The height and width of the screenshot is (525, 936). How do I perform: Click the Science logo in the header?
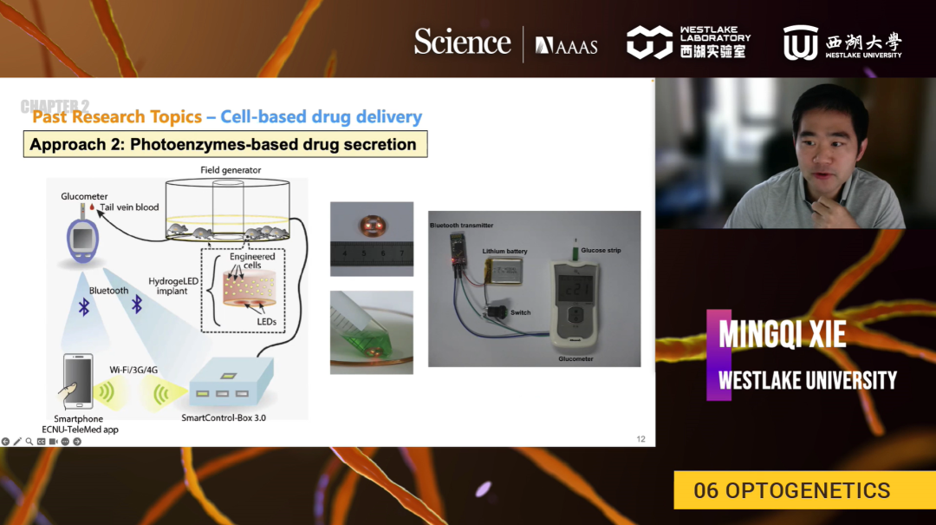coord(462,43)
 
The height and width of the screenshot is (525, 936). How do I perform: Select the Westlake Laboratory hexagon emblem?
coord(649,42)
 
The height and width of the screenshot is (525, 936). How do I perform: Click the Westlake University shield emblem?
coord(800,43)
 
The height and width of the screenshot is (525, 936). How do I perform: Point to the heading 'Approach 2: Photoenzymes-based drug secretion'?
coord(224,144)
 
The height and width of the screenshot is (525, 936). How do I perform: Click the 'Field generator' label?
coord(231,170)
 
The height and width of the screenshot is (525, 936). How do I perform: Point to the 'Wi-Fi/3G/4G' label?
coord(133,369)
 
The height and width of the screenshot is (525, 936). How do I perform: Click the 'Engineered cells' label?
coord(252,261)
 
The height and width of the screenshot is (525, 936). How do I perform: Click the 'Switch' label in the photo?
coord(520,312)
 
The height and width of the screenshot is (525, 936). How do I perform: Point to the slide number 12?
coord(640,439)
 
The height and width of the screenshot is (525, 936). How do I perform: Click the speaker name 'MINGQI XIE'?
coord(782,333)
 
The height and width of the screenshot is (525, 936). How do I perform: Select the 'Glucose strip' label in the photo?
coord(601,251)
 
